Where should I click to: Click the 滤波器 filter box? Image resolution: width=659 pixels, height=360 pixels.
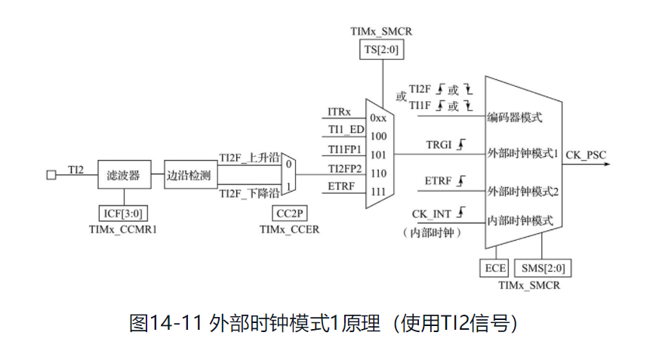pos(124,174)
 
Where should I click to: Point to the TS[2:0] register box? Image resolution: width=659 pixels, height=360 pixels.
pos(381,49)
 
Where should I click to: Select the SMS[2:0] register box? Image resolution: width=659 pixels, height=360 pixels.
pos(542,267)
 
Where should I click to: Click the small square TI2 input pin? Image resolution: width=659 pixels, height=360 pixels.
pos(51,175)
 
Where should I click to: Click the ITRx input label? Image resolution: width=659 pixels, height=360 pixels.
pos(340,112)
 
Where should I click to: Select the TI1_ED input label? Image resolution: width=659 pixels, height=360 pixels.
pos(345,130)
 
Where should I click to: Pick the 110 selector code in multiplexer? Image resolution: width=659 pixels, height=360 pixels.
pos(378,173)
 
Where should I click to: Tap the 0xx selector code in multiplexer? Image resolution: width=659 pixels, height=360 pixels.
pos(378,118)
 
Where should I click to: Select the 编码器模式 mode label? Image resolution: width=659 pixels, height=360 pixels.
pos(515,118)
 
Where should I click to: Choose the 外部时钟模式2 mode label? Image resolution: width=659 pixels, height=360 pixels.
pos(522,190)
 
